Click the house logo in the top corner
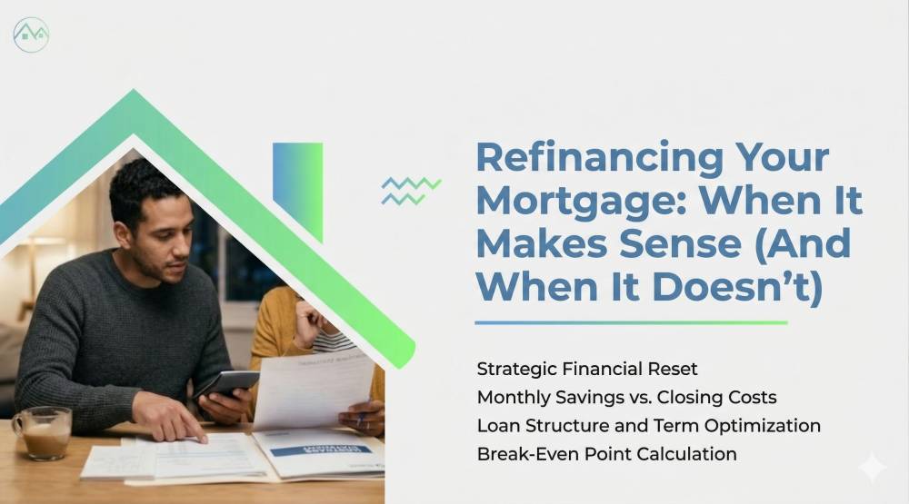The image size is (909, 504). point(31,35)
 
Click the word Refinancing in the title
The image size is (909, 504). point(599,158)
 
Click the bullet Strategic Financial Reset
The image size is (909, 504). point(586,369)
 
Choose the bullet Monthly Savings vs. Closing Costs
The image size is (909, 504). point(626,398)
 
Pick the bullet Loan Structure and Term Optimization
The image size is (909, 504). point(649,426)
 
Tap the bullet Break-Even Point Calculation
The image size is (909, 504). point(606,454)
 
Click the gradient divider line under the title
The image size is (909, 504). point(631,322)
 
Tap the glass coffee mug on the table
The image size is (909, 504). point(43,433)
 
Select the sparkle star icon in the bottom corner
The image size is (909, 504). point(872,467)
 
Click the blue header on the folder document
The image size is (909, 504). point(321,450)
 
